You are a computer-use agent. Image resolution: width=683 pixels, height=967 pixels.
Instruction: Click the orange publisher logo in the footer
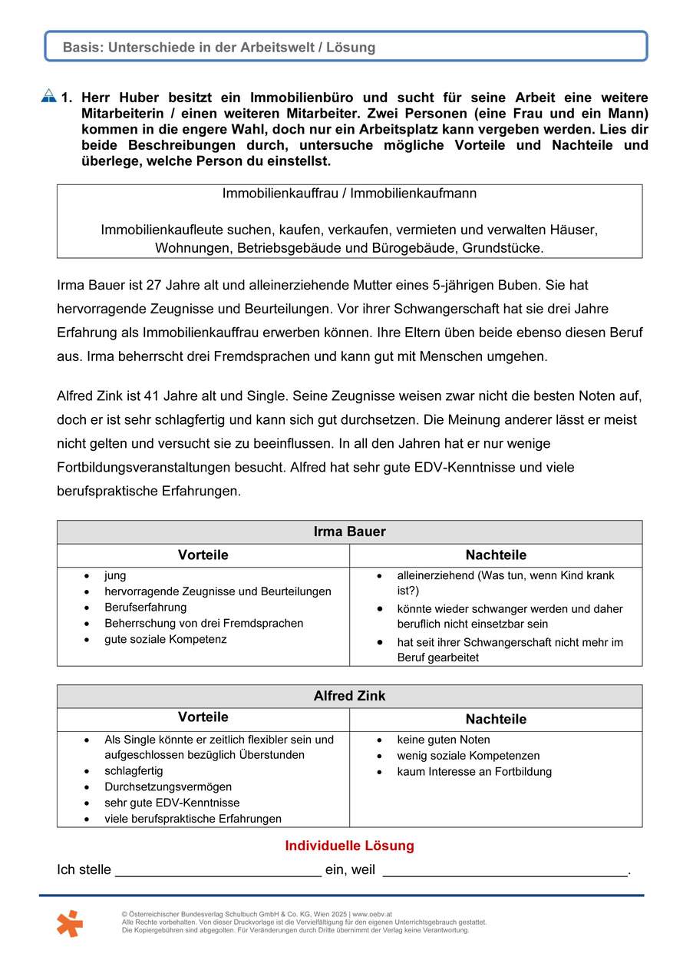coord(69,923)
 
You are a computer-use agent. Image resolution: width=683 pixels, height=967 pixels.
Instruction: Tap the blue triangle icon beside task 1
coord(48,97)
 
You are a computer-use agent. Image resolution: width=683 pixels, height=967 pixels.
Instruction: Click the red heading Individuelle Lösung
coord(349,846)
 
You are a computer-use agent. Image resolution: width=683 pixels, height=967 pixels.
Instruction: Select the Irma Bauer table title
coord(349,532)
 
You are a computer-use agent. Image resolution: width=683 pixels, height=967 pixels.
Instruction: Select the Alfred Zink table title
coord(349,696)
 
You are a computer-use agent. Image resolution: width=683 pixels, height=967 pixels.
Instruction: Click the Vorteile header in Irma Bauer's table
coord(203,555)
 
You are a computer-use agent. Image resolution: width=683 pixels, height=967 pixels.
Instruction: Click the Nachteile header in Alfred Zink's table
coord(496,720)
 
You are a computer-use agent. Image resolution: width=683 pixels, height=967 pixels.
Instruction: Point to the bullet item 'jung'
coord(115,575)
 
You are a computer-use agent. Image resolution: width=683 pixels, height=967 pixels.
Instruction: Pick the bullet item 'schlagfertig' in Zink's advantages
coord(134,770)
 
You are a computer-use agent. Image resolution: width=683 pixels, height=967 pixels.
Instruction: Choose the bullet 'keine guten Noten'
coord(443,740)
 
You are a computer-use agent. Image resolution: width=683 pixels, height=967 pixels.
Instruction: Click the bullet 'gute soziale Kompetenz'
coord(166,639)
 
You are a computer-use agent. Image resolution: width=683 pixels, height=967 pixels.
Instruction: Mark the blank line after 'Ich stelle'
coord(218,871)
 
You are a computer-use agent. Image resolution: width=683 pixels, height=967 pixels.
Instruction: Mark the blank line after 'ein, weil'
coord(505,871)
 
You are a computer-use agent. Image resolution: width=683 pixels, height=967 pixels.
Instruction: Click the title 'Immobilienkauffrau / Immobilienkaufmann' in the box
coord(349,194)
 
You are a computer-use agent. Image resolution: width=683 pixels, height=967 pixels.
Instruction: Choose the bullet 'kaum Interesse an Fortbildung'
coord(474,772)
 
